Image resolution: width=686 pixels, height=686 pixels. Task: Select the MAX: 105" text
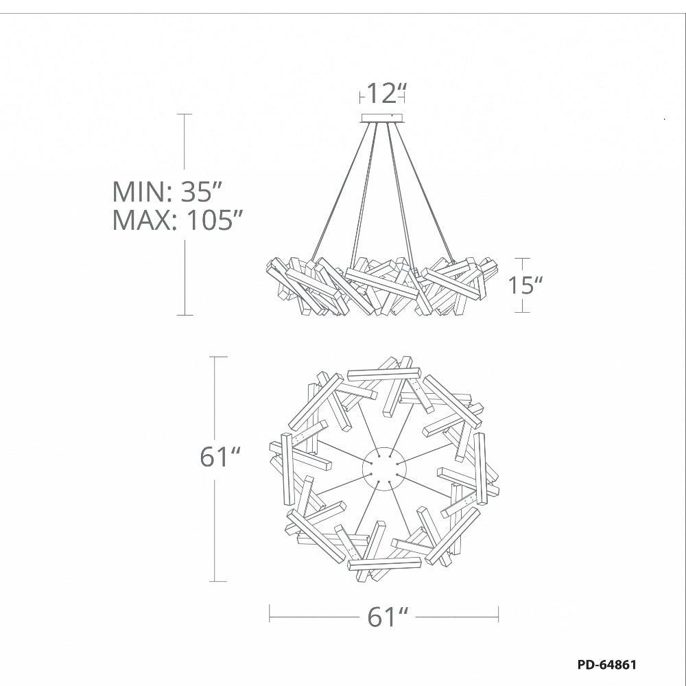178,220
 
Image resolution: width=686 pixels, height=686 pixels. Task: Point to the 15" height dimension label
525,285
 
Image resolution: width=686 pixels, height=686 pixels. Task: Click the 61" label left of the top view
220,457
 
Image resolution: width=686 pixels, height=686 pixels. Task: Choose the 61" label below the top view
388,617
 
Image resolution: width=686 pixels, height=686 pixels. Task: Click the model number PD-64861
607,665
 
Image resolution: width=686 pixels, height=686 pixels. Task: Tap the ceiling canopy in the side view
382,118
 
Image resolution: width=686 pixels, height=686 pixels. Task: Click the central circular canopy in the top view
385,469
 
